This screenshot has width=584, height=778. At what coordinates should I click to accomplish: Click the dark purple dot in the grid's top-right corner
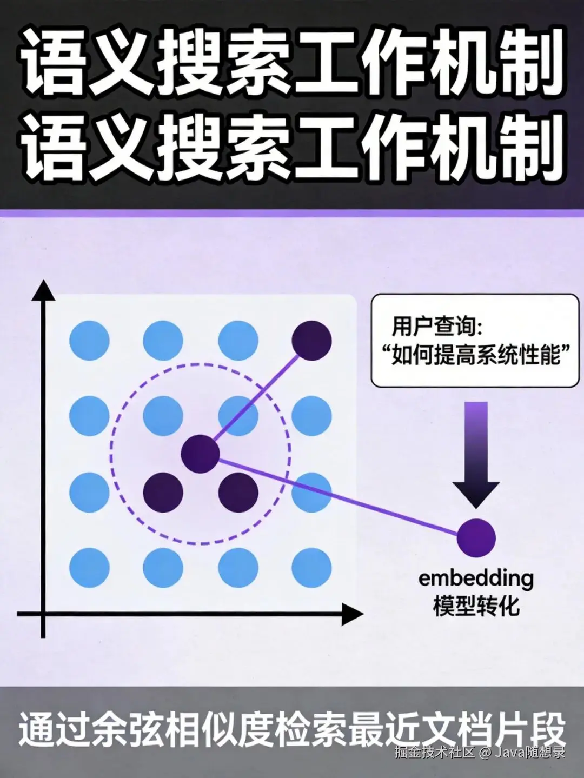click(x=311, y=340)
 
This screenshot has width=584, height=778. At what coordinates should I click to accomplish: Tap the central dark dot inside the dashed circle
click(x=200, y=454)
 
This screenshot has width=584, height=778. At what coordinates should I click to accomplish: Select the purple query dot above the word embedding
click(x=476, y=537)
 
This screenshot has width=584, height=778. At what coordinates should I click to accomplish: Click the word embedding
click(x=476, y=578)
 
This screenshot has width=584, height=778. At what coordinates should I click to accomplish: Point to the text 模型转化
click(x=476, y=606)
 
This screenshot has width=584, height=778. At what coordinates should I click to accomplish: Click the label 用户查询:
click(x=437, y=326)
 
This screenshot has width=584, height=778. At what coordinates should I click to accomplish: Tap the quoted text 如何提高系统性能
click(x=475, y=356)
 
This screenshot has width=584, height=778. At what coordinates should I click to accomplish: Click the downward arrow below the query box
click(x=476, y=454)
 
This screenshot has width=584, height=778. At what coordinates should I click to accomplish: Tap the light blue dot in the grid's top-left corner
click(x=90, y=340)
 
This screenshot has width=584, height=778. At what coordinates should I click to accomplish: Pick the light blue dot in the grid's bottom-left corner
click(x=90, y=567)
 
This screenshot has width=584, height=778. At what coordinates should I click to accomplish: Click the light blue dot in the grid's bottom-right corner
click(x=311, y=567)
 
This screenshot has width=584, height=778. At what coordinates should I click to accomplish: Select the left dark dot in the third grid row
click(x=163, y=492)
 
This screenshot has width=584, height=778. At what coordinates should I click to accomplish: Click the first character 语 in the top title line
click(x=51, y=62)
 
